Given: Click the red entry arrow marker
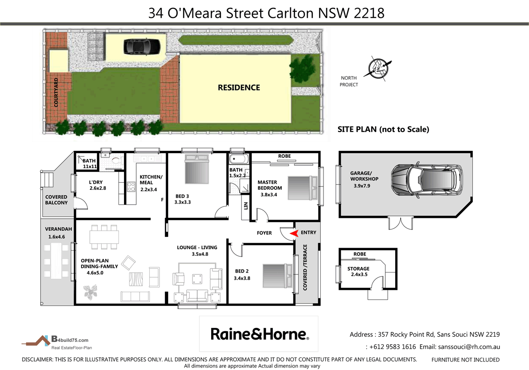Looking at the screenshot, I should pyautogui.click(x=294, y=233).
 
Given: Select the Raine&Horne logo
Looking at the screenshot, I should pyautogui.click(x=259, y=333).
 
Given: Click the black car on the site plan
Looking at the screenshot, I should pyautogui.click(x=142, y=46).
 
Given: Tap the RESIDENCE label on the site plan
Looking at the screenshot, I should pyautogui.click(x=239, y=88).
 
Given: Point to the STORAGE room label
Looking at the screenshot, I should pyautogui.click(x=358, y=269).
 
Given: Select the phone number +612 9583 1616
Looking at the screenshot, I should pyautogui.click(x=392, y=347).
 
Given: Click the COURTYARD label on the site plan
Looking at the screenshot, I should pyautogui.click(x=56, y=93).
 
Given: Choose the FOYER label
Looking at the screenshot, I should pyautogui.click(x=264, y=233).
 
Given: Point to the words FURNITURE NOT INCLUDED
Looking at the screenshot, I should pyautogui.click(x=465, y=360).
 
